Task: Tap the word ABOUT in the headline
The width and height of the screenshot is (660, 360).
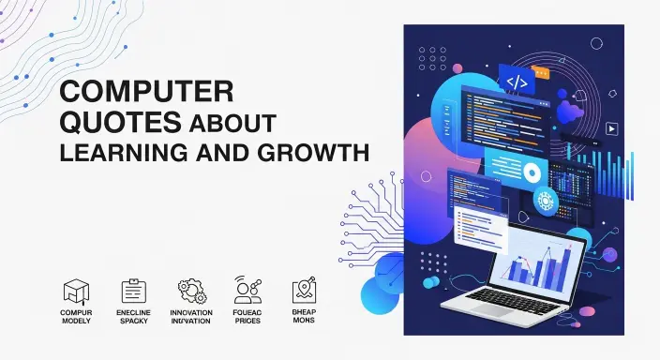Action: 232,124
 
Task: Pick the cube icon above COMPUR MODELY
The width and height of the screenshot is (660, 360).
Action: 75,291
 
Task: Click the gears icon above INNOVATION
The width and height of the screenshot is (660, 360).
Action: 191,291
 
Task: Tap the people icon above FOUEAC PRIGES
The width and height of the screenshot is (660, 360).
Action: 246,291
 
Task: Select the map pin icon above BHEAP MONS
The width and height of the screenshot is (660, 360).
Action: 303,291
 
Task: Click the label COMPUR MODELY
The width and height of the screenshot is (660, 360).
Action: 75,317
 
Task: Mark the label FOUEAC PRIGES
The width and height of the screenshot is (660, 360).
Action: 246,317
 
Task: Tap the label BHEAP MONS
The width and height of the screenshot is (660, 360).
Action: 303,317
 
